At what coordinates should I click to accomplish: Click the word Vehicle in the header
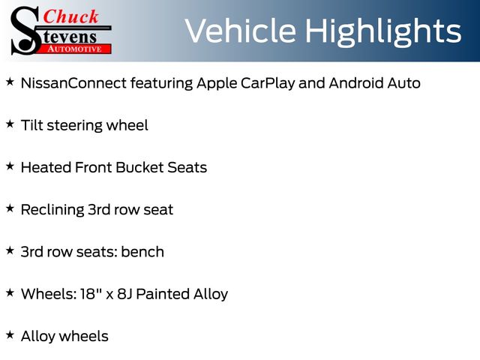(x=241, y=31)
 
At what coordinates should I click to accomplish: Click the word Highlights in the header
(x=383, y=32)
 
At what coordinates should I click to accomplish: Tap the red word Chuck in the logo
(x=70, y=16)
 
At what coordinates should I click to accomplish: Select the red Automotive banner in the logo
(x=75, y=49)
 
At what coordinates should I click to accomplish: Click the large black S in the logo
(x=25, y=31)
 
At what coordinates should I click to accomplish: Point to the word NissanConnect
(x=73, y=83)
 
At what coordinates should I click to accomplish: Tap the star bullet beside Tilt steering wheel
(x=10, y=124)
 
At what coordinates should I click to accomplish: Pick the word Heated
(x=46, y=167)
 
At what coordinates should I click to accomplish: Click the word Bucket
(x=139, y=167)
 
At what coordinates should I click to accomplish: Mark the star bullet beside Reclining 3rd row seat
(x=10, y=208)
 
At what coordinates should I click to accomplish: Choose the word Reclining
(x=52, y=210)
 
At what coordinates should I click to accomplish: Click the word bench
(x=142, y=252)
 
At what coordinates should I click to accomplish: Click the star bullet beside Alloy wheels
(x=10, y=335)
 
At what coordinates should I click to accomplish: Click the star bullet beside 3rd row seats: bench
(x=10, y=250)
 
